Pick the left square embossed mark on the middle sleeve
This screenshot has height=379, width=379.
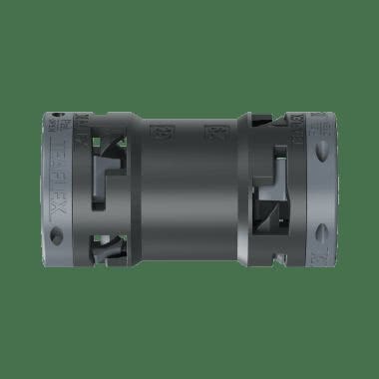tap(161, 131)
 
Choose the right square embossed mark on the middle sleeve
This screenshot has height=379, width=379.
tap(211, 131)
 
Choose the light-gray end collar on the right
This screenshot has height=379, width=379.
tap(321, 189)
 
